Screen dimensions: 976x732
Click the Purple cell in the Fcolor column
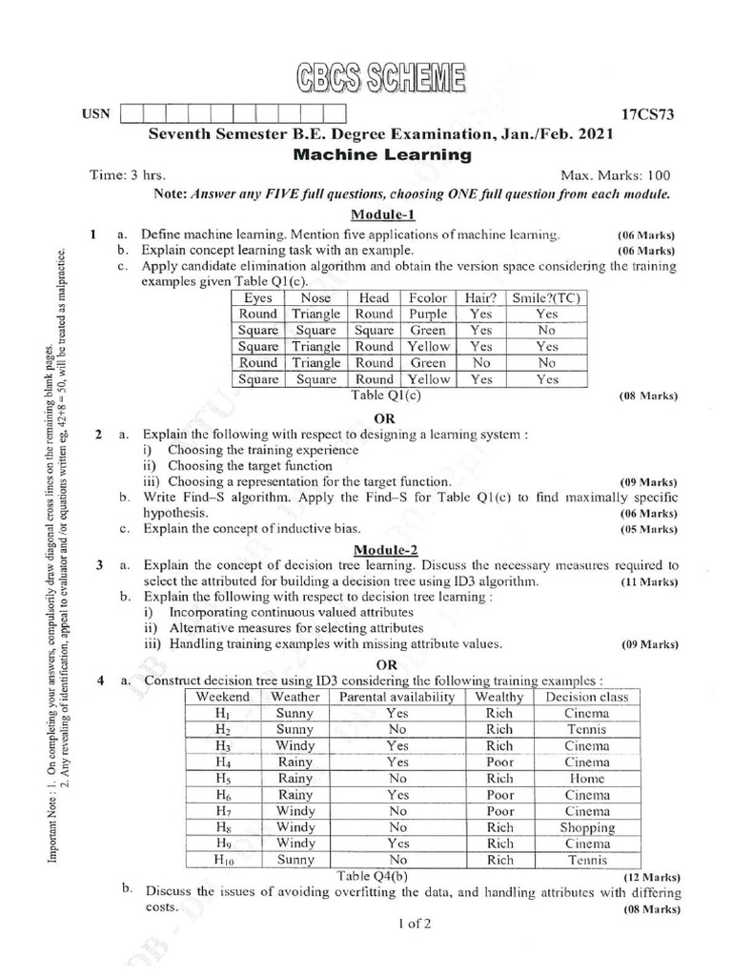428,314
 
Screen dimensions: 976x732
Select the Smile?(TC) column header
546,297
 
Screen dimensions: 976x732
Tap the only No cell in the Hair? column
481,363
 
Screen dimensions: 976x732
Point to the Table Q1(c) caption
386,395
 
